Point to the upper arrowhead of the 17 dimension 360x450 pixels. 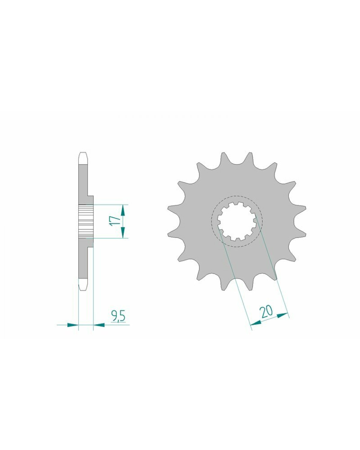[123, 210]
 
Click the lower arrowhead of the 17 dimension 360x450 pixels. [123, 232]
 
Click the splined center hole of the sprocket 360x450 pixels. [236, 221]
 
